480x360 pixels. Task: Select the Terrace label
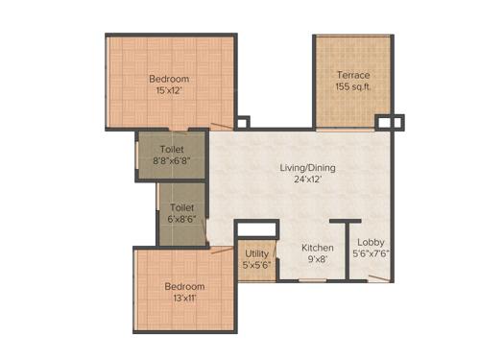tap(352, 74)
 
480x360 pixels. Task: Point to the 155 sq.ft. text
tap(352, 86)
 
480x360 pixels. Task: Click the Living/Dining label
tap(307, 168)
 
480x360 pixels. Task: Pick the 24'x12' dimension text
tap(307, 180)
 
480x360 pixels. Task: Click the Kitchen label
tap(318, 247)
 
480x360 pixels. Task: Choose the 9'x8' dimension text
tap(318, 259)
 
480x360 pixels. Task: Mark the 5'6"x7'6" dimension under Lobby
tap(371, 254)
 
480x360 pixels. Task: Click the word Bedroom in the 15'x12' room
tap(169, 80)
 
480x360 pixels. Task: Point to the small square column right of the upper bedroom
tap(242, 122)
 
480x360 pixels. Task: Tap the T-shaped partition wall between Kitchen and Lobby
tap(345, 250)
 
